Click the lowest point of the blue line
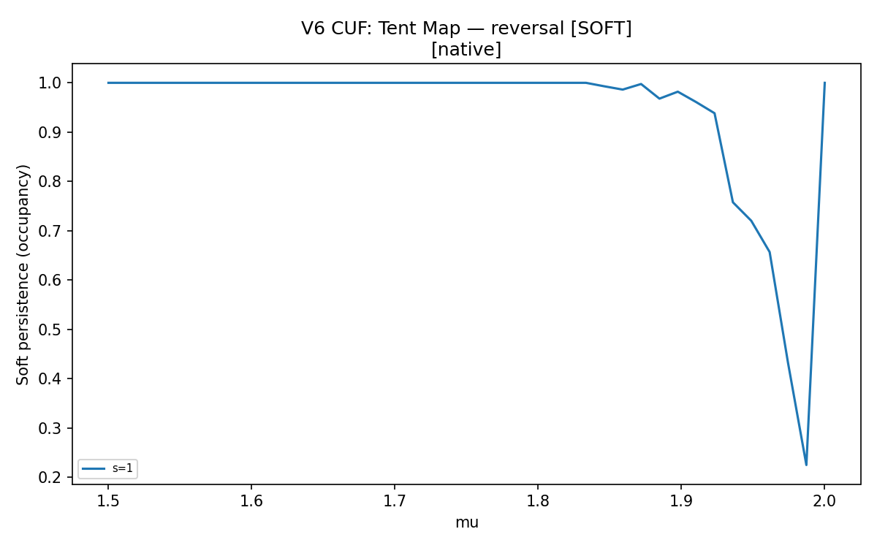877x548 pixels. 806,465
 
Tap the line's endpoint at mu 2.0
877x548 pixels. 824,83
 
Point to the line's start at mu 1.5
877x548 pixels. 108,83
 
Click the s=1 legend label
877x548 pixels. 123,468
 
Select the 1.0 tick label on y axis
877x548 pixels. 50,83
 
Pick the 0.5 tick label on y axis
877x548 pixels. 50,330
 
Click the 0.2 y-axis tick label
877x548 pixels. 50,478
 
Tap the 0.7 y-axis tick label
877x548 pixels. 50,231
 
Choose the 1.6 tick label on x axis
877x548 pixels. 251,501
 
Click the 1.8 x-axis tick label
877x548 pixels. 538,501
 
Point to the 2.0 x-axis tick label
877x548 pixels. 824,501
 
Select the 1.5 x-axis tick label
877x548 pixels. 108,501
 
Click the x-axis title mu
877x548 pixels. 467,522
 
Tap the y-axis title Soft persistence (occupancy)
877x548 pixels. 23,275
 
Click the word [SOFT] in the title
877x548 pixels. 601,28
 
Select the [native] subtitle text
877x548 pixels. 466,50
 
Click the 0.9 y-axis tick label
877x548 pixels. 50,132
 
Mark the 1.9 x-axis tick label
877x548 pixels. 681,501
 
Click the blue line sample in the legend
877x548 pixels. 94,468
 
